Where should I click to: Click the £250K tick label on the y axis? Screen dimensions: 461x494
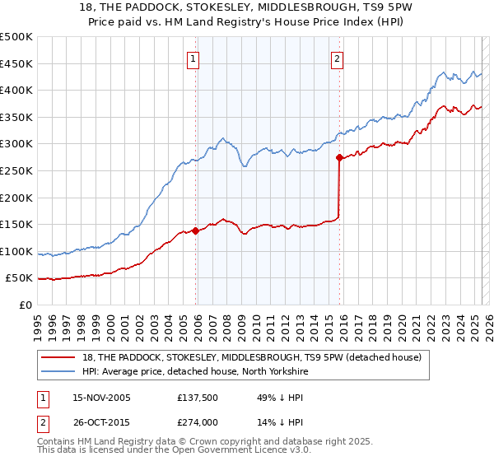(16, 170)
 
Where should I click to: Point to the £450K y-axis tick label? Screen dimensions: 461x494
(16, 63)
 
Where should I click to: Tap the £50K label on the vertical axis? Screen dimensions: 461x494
(20, 278)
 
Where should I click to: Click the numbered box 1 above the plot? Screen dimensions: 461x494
(193, 58)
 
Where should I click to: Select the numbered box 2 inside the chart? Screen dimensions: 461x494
(338, 58)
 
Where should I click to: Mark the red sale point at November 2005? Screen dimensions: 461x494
(195, 231)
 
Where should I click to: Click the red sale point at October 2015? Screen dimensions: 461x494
(339, 158)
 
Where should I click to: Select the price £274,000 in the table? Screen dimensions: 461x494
(196, 424)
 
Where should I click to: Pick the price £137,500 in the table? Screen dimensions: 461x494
(196, 398)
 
